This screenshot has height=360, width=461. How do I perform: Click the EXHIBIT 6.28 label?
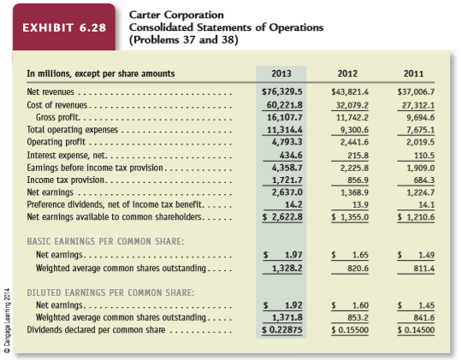(x=64, y=27)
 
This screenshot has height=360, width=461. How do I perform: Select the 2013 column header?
(x=281, y=74)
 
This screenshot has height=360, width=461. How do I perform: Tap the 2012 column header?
(x=347, y=74)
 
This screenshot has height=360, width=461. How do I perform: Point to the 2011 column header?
(x=413, y=74)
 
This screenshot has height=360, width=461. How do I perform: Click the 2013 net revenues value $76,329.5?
(x=282, y=92)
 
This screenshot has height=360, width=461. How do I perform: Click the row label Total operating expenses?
(x=73, y=130)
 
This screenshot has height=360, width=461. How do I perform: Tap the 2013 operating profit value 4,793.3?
(x=287, y=142)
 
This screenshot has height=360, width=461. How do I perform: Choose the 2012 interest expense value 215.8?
(x=358, y=155)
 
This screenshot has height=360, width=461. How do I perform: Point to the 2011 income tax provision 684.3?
(x=424, y=180)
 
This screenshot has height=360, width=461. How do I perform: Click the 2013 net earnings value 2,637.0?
(x=287, y=192)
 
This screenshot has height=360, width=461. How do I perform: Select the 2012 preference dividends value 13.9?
(x=360, y=204)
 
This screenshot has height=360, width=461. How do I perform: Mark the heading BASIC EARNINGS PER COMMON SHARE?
(x=105, y=241)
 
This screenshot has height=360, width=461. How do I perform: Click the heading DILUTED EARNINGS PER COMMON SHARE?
(x=110, y=292)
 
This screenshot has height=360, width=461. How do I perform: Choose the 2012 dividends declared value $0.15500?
(x=350, y=330)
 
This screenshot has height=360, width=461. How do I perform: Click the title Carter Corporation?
(x=176, y=15)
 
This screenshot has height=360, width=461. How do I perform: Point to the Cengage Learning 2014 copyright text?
(x=7, y=321)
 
